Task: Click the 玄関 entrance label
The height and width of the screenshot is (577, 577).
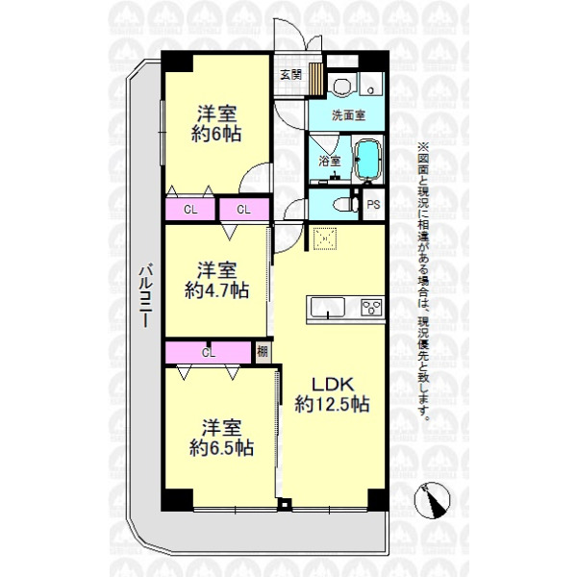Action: coord(290,75)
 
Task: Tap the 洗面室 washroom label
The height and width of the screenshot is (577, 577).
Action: coord(348,115)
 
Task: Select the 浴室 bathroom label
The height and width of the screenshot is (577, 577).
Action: coord(329,161)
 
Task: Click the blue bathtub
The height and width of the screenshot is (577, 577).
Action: coord(367,160)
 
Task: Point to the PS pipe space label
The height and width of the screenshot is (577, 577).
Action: coord(373,204)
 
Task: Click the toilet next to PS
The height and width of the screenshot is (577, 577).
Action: coord(345,205)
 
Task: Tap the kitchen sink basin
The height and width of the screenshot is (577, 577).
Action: coord(328,307)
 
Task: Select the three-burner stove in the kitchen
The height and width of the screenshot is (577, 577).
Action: coord(371,307)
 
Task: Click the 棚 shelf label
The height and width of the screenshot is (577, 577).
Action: coord(263,352)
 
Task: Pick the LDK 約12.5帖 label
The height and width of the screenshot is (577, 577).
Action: coord(333,394)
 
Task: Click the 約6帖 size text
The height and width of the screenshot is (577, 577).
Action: coord(216,134)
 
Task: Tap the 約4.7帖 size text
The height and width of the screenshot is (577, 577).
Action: coord(216,290)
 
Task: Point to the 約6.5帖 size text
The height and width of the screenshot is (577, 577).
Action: coord(221,448)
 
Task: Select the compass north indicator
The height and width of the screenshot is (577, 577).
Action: coord(432,500)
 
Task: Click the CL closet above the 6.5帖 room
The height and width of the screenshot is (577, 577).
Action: coord(208,353)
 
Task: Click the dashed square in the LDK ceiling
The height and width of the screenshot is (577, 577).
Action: coord(325,239)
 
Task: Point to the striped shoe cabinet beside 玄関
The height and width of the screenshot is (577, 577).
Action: coord(315,79)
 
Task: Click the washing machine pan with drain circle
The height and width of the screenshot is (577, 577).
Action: coord(371,85)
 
